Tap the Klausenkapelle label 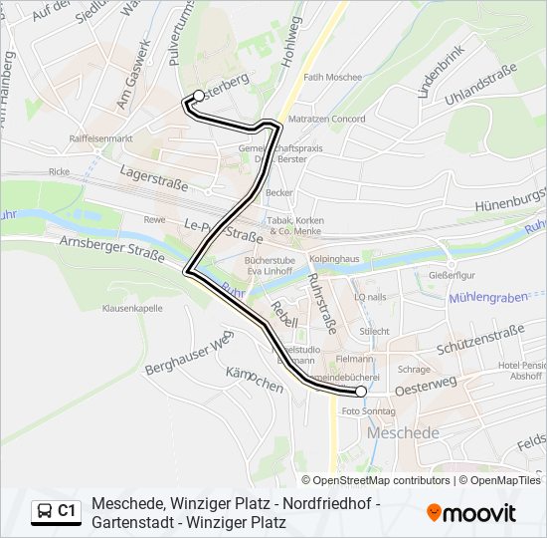point(131,308)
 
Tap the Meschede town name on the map point(403,433)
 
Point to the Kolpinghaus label point(333,259)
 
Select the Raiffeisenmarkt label point(100,138)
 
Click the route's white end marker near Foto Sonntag point(360,393)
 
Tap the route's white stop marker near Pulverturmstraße point(198,96)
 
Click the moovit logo point(471,513)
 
